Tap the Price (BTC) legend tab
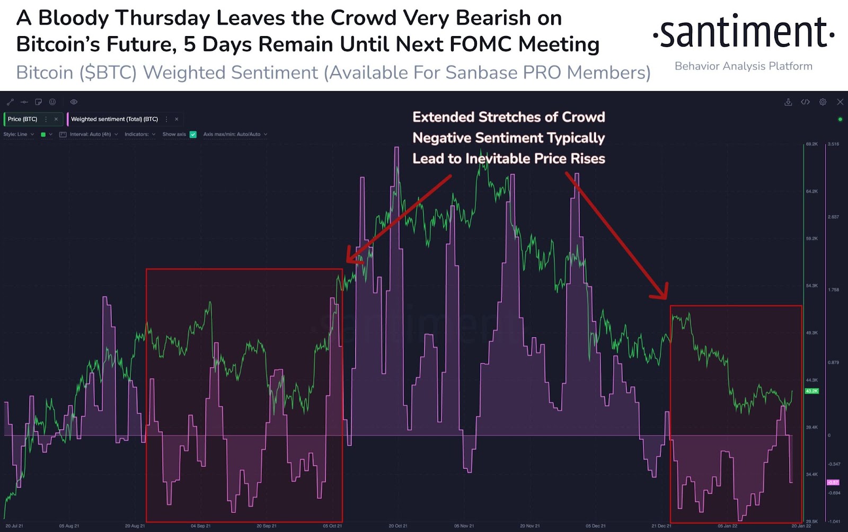23,119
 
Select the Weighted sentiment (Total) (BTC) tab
114,119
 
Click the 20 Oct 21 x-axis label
398,526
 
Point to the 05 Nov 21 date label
464,526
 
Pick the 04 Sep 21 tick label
200,526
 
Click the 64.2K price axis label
811,191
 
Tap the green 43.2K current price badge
811,391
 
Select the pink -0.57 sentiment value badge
833,482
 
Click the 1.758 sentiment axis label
833,290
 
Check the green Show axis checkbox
193,135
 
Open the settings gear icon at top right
823,102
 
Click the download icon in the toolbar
788,102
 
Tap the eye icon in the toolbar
74,102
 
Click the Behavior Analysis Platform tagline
743,66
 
